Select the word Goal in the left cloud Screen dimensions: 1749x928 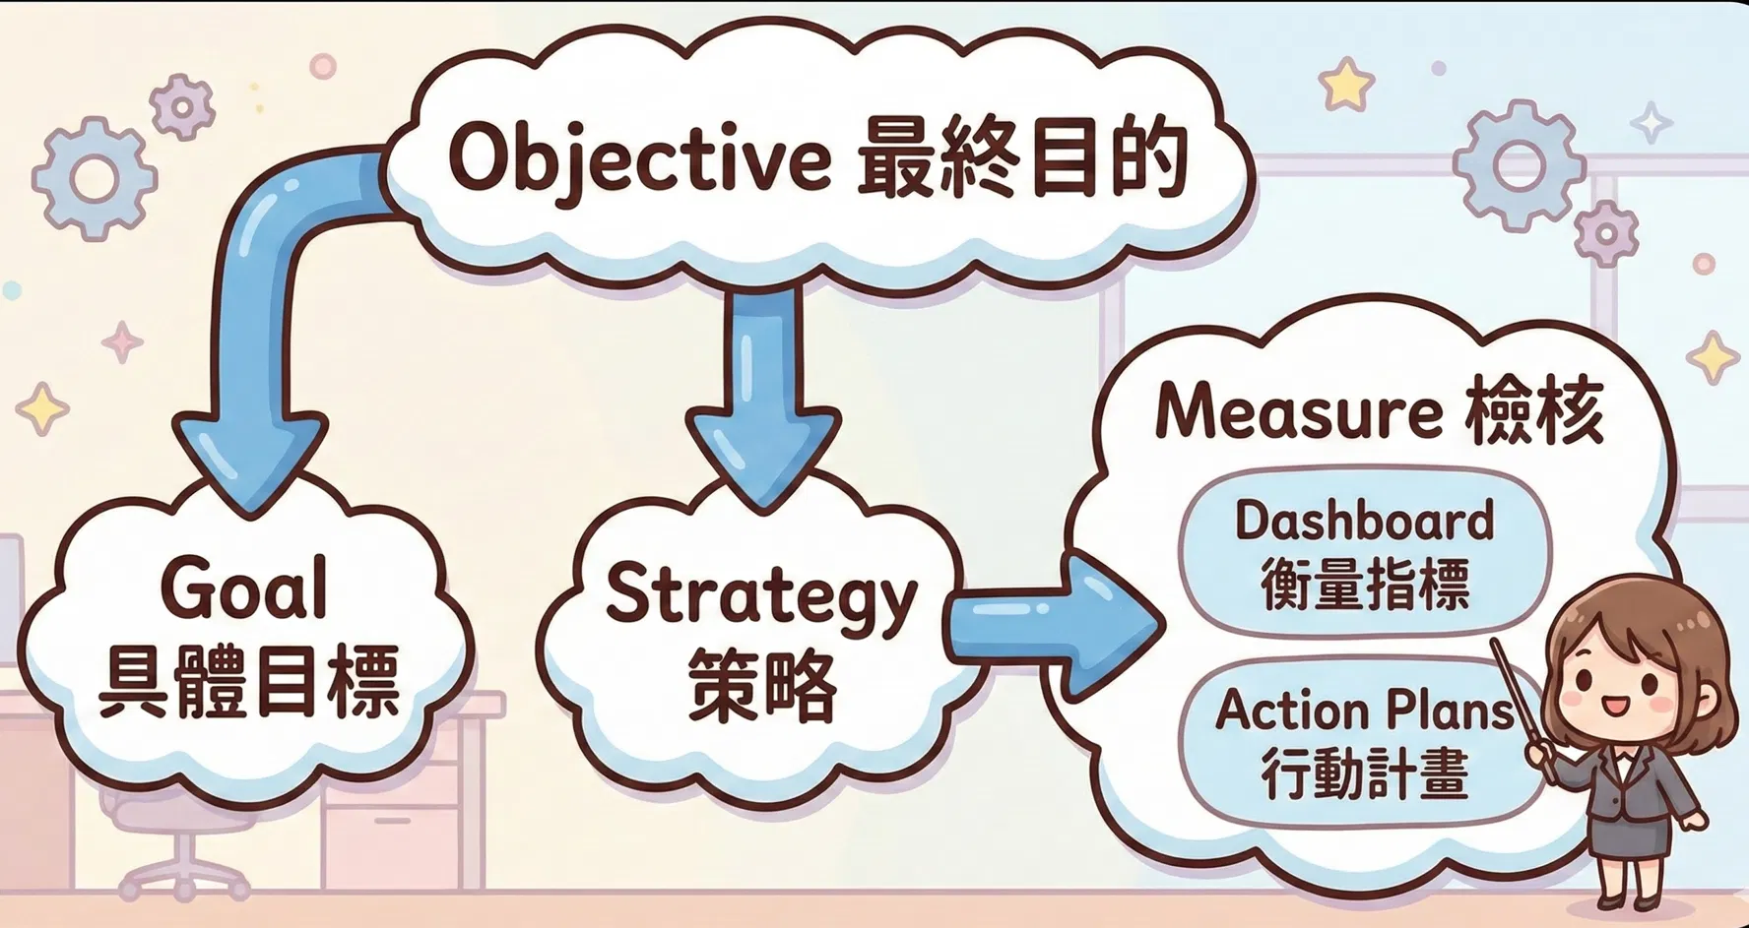click(x=243, y=588)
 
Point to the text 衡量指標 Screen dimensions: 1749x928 click(x=1365, y=585)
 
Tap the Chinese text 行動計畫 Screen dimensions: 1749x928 click(x=1365, y=773)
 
